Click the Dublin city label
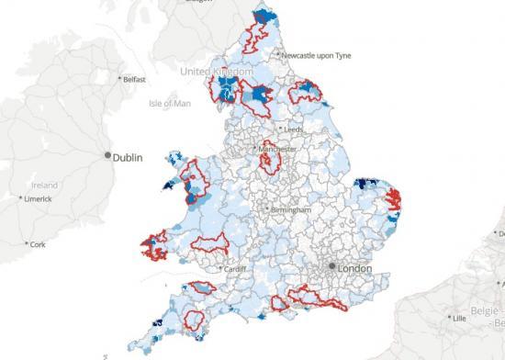[130, 157]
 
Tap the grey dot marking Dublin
[108, 156]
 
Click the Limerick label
[38, 198]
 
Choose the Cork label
[38, 244]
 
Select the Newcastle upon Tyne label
[326, 55]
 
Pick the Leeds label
[295, 130]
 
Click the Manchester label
[278, 148]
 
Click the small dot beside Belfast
[119, 79]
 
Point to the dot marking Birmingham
[268, 210]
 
